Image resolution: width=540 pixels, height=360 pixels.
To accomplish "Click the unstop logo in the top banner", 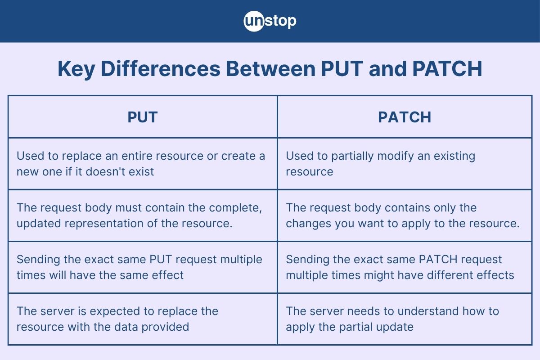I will click(270, 21).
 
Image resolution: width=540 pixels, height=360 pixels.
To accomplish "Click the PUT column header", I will click(142, 117).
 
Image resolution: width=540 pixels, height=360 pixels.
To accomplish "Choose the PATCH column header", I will click(404, 117).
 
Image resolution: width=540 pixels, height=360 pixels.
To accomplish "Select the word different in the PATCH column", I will click(451, 275).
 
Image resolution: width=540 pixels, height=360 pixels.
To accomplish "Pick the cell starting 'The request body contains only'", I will click(404, 215).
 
